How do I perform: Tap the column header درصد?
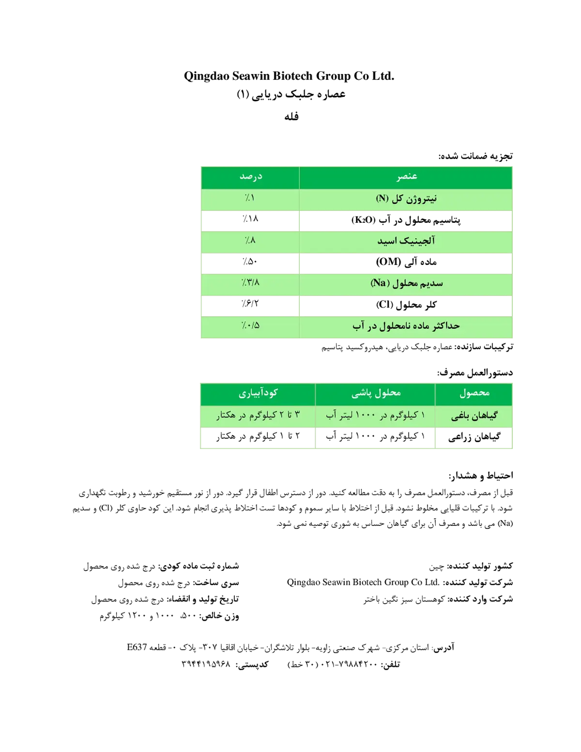(x=250, y=176)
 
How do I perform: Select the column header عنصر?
(x=407, y=176)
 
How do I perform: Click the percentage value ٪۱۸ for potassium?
(x=250, y=219)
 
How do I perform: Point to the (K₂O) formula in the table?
(x=363, y=220)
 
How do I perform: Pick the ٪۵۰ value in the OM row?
(x=250, y=261)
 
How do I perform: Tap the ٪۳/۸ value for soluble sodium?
(x=250, y=283)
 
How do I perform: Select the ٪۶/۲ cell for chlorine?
(x=250, y=304)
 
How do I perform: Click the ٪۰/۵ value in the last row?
(x=250, y=325)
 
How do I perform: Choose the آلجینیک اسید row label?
(x=406, y=241)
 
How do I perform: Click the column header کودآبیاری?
(x=258, y=393)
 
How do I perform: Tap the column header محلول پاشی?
(x=376, y=393)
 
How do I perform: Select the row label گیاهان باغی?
(x=474, y=415)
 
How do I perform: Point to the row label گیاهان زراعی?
(x=474, y=437)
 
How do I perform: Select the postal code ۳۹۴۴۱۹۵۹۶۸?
(x=206, y=664)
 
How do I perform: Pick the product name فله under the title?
(x=291, y=116)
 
